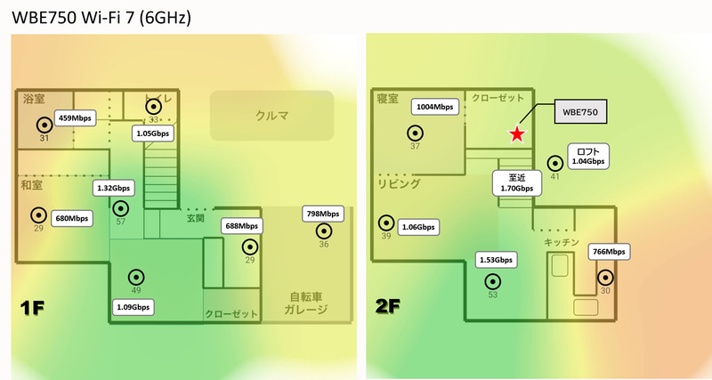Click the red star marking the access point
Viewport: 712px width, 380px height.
[x=517, y=133]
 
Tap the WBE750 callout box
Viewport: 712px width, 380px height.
[x=580, y=111]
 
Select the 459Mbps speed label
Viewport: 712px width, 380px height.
[x=75, y=118]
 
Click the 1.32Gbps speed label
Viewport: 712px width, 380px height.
[x=114, y=188]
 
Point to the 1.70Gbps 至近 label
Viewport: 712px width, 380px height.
[x=517, y=183]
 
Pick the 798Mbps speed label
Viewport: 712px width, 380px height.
[x=323, y=214]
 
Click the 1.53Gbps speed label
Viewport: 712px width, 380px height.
[x=496, y=260]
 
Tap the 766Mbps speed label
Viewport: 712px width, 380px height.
[x=609, y=252]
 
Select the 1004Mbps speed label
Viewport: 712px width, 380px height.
[x=435, y=107]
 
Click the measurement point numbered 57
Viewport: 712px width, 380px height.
[x=121, y=208]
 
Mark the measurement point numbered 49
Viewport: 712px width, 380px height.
[x=136, y=277]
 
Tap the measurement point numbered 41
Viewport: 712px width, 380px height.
[x=554, y=163]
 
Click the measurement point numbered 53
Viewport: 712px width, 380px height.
[x=493, y=281]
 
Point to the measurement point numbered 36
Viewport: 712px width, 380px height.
[x=324, y=231]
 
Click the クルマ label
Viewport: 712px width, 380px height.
[x=271, y=116]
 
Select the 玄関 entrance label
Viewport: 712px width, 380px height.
[x=196, y=218]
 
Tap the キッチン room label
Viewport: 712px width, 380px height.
[x=562, y=242]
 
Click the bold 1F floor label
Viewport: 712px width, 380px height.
[x=32, y=308]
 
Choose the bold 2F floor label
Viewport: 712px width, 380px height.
[x=388, y=306]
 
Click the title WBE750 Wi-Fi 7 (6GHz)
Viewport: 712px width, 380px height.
[x=101, y=17]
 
